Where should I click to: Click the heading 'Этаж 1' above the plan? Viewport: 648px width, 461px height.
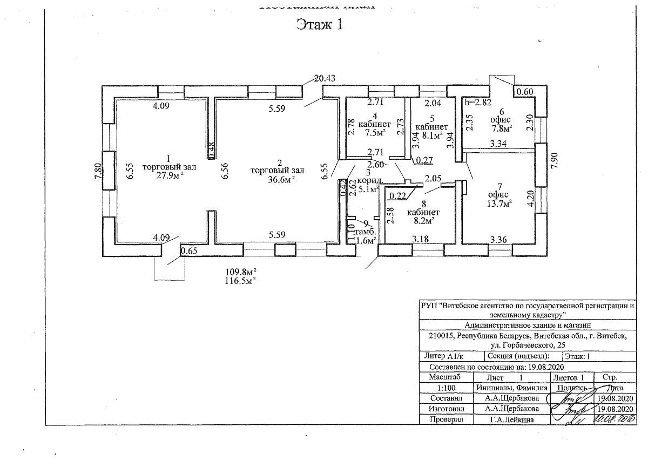319,24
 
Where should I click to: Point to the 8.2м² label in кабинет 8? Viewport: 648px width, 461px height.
423,221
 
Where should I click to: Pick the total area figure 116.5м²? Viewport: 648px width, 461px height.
240,280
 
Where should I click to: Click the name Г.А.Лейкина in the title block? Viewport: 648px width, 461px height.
511,419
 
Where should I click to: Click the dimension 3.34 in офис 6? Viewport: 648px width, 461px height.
498,144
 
